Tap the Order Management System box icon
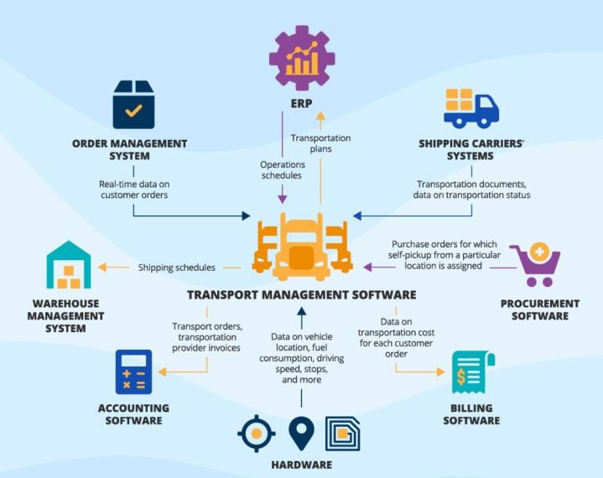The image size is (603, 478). pos(135,104)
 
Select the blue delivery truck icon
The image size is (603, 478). pos(470,108)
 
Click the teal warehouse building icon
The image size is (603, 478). pos(68,265)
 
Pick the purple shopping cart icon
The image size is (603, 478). pos(535,263)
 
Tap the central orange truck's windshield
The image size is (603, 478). pos(301,236)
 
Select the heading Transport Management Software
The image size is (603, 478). pos(301,295)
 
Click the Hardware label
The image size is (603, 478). pos(301,465)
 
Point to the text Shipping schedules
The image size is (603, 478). pos(177,268)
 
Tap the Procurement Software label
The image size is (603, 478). pos(539,309)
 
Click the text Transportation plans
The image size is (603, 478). pos(320,143)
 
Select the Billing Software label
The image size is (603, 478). pos(473,414)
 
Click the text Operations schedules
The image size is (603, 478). pos(283,170)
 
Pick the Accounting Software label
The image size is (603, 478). pos(133,414)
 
